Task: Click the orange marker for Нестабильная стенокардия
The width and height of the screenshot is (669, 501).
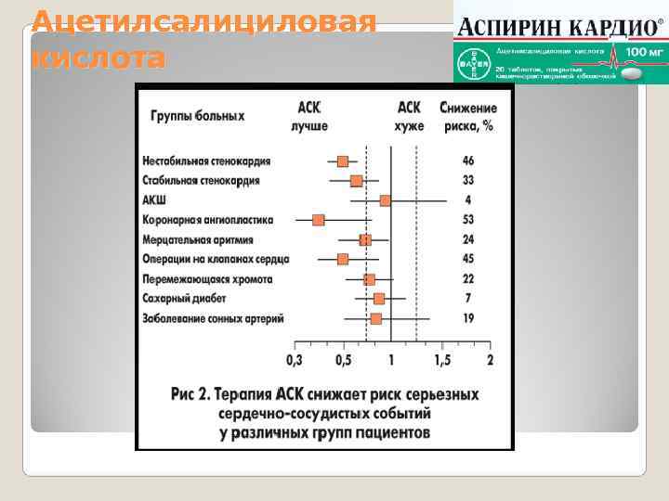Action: coord(343,161)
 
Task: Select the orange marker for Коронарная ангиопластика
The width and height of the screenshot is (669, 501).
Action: coord(319,220)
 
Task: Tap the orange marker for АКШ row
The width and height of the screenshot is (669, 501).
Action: coord(386,200)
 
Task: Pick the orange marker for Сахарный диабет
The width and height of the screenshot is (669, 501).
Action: coord(379,298)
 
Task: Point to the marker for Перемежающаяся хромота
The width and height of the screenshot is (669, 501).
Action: coord(369,278)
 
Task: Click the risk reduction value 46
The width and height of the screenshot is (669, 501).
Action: coord(468,161)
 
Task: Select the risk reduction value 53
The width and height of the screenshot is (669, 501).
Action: coord(468,220)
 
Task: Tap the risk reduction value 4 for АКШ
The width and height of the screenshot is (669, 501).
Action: coord(468,200)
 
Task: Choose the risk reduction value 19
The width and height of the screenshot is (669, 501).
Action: coord(468,318)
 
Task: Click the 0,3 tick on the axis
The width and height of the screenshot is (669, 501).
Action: coord(295,360)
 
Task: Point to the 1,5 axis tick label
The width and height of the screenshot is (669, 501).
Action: coord(442,360)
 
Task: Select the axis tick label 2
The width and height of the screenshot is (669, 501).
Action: coord(490,360)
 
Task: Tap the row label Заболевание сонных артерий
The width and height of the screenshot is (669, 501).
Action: coord(213,318)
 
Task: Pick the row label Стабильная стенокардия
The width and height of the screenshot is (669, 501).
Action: coord(201,181)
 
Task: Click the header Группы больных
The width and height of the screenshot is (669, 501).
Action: coord(198,116)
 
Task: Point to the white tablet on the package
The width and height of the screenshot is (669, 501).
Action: coord(635,72)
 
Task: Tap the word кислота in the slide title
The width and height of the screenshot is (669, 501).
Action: coord(98,58)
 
